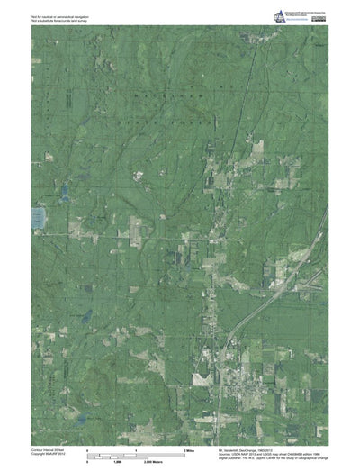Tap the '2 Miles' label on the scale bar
click(190, 448)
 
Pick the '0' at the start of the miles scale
click(86, 448)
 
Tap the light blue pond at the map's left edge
click(39, 217)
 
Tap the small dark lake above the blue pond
click(63, 192)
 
